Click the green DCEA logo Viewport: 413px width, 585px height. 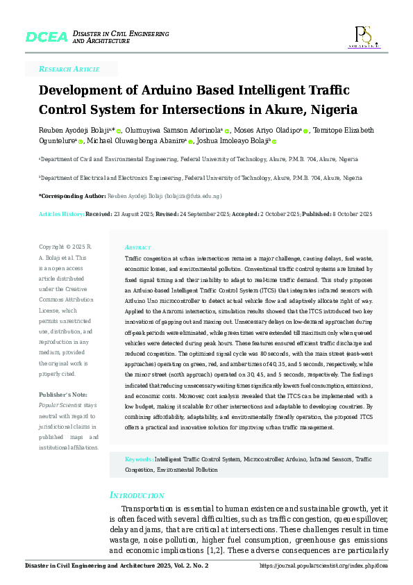click(46, 36)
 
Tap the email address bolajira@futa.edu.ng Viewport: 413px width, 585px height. click(196, 197)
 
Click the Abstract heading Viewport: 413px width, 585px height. click(137, 247)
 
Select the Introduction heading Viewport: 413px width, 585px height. click(137, 495)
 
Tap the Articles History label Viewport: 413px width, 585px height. click(61, 215)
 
